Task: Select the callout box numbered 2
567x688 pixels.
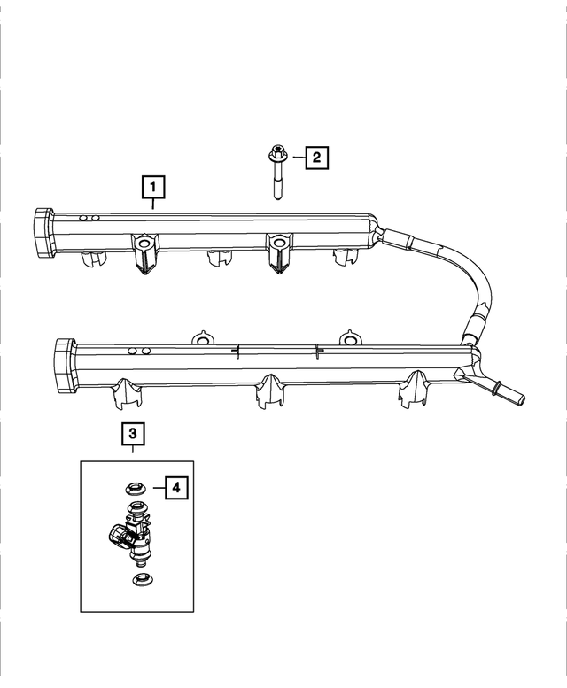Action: [316, 158]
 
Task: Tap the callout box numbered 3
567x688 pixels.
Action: [132, 433]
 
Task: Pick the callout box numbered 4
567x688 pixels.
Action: [175, 486]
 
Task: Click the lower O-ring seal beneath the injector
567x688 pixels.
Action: [139, 580]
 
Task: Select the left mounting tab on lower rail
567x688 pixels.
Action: [202, 340]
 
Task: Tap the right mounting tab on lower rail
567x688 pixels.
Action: [350, 340]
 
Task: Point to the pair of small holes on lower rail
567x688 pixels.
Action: [139, 352]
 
